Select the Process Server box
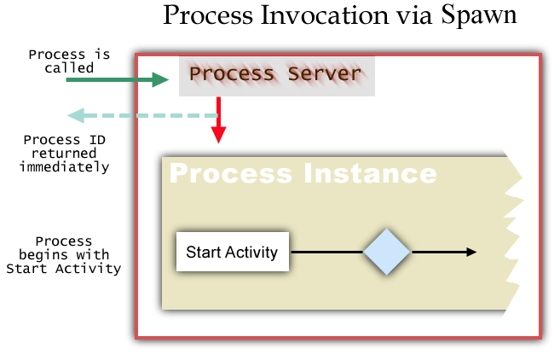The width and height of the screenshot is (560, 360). pos(276,75)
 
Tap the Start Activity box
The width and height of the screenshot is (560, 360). pos(232,252)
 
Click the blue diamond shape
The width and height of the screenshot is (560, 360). pos(387,252)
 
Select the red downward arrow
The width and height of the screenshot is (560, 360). pos(218,121)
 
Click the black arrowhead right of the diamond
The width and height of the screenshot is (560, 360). pos(471,252)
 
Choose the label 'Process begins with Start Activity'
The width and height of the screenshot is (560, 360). pos(63,255)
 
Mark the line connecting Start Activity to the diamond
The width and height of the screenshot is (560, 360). pos(326,252)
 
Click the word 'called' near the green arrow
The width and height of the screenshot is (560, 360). pos(68,68)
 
